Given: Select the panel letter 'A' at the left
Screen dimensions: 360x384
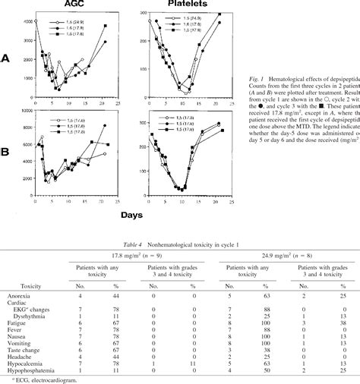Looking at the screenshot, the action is click(x=7, y=57).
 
